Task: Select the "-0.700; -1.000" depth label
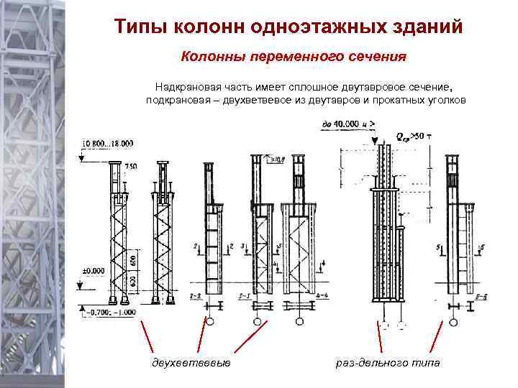(109, 311)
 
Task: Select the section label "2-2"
(194, 295)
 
